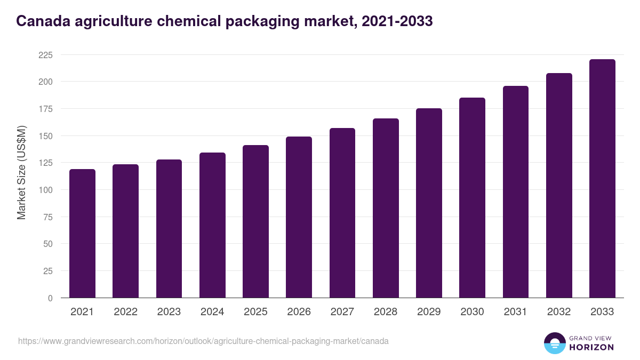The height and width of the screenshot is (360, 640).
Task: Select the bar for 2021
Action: (x=82, y=234)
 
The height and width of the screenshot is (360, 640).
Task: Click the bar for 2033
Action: (x=602, y=179)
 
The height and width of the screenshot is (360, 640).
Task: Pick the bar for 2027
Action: (x=342, y=213)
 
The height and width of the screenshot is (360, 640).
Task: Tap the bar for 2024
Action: (x=212, y=225)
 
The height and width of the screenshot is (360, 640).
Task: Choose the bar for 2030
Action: (x=472, y=198)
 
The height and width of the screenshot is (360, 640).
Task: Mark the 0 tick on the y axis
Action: (x=50, y=298)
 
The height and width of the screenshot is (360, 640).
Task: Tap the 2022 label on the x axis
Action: (x=125, y=312)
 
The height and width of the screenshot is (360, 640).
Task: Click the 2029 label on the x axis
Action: (x=429, y=312)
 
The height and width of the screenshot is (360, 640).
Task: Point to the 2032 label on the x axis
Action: (x=559, y=312)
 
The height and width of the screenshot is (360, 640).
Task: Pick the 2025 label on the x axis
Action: (x=255, y=312)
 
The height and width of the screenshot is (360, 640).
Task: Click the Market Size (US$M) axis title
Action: (x=21, y=173)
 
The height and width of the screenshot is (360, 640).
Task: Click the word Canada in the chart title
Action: (x=40, y=21)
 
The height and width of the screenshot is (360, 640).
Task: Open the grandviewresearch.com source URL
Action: (x=203, y=341)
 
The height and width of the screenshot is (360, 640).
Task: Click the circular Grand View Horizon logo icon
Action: (x=554, y=343)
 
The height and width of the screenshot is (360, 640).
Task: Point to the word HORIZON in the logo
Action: (x=591, y=347)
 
